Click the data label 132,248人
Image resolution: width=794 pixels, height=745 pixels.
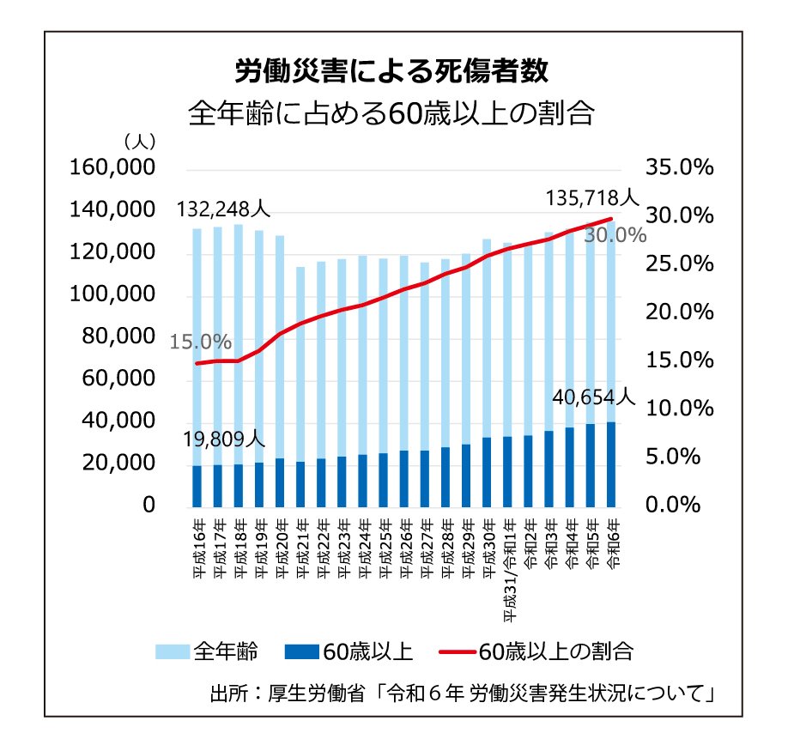click(x=224, y=209)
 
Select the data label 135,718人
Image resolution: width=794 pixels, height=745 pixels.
click(x=592, y=199)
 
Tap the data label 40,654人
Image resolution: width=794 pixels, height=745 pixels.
click(x=593, y=397)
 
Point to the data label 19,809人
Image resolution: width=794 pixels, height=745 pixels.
click(x=224, y=439)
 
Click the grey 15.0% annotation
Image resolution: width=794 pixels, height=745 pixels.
click(x=200, y=342)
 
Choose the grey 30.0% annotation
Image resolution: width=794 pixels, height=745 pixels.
click(x=615, y=235)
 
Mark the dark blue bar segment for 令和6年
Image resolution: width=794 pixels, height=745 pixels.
click(x=611, y=463)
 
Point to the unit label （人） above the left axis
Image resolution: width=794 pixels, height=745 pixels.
click(x=138, y=139)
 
